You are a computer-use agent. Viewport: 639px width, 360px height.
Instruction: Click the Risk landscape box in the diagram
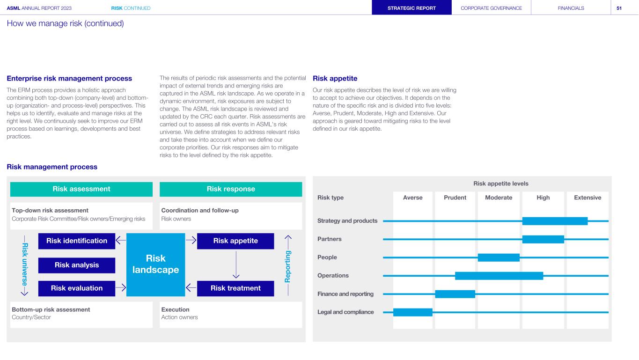click(x=156, y=264)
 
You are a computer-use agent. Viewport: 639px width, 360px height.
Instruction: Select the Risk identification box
click(x=77, y=241)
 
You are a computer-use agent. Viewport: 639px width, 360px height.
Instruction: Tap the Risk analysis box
click(x=77, y=265)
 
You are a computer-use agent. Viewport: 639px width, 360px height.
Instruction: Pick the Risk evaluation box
click(x=77, y=288)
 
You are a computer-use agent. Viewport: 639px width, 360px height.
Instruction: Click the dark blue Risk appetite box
click(x=235, y=241)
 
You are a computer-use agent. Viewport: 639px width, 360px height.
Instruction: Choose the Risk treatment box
click(x=235, y=288)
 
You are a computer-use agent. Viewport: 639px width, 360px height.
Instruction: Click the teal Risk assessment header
click(x=81, y=189)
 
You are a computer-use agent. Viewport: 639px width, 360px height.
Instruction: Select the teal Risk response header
click(x=231, y=189)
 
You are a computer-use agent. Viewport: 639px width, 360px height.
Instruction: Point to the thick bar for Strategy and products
click(x=555, y=221)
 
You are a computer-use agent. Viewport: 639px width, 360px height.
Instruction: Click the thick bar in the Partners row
click(x=543, y=239)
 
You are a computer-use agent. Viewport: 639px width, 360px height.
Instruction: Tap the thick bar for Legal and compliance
click(x=412, y=312)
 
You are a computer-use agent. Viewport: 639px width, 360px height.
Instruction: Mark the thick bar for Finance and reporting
click(x=455, y=294)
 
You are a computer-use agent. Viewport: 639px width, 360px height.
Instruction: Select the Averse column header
click(x=412, y=198)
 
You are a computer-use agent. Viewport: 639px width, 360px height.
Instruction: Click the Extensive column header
click(x=588, y=198)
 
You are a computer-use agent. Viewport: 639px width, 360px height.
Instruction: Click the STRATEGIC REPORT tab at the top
click(x=412, y=8)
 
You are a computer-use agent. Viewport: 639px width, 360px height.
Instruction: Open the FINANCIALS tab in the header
click(x=571, y=8)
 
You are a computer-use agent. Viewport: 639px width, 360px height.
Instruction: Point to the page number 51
click(x=619, y=8)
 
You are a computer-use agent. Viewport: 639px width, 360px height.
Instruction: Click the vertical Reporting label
click(x=288, y=265)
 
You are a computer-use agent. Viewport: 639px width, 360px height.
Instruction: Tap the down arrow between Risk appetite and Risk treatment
click(x=235, y=264)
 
